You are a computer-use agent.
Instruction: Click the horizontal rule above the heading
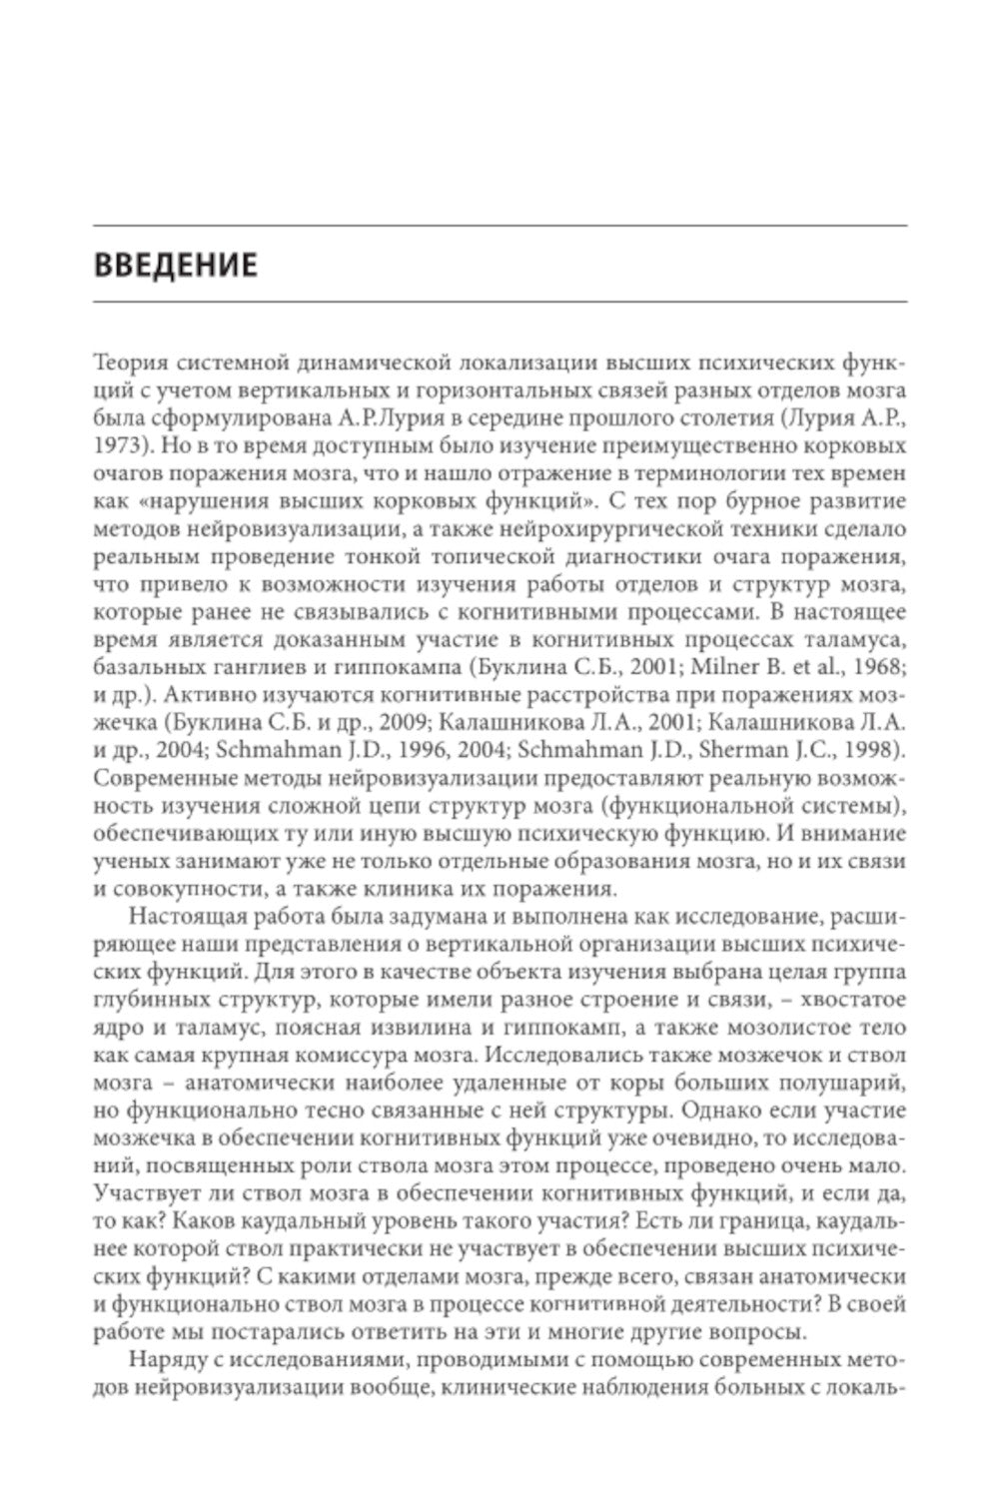pos(499,226)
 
